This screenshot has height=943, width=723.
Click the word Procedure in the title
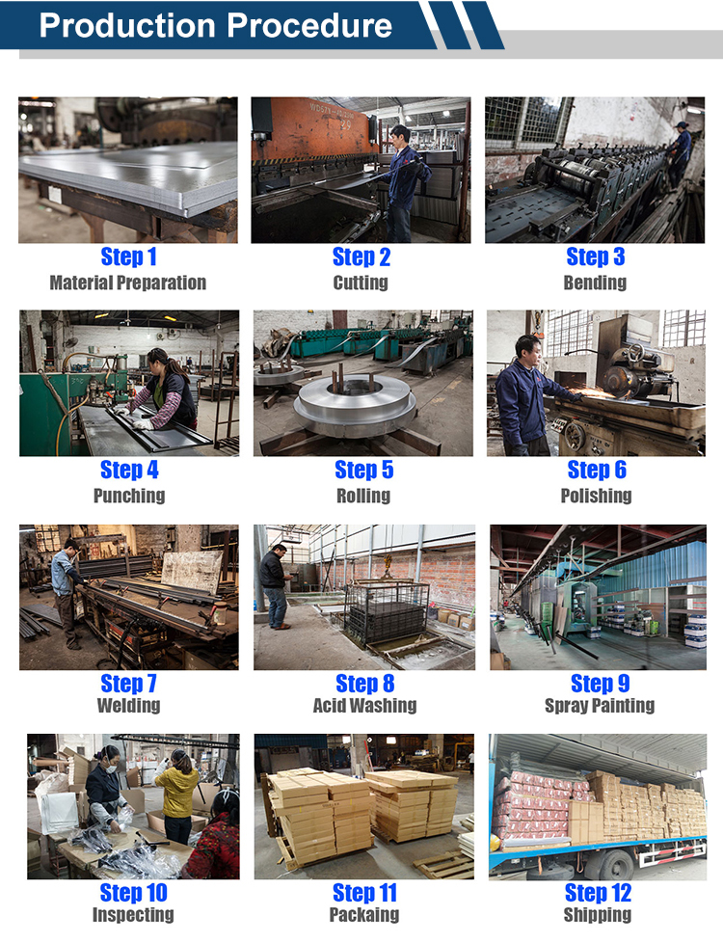[309, 26]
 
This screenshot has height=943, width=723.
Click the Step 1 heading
[129, 256]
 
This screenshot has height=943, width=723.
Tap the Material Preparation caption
[128, 283]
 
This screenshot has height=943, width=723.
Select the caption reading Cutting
[361, 283]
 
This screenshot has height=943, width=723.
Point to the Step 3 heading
[596, 256]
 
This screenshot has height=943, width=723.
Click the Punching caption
[129, 496]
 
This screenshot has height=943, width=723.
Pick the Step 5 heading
[363, 470]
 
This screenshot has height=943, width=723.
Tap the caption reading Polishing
[596, 496]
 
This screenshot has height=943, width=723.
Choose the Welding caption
[129, 705]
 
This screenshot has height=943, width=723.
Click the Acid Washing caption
[364, 705]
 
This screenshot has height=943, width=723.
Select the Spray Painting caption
[600, 705]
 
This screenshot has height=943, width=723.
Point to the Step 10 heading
[134, 893]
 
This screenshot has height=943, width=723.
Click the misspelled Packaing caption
[363, 914]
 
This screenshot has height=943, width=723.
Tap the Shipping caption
[598, 914]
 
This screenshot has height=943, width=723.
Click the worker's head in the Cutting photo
[400, 133]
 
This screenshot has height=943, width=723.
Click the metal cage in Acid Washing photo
[388, 611]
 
